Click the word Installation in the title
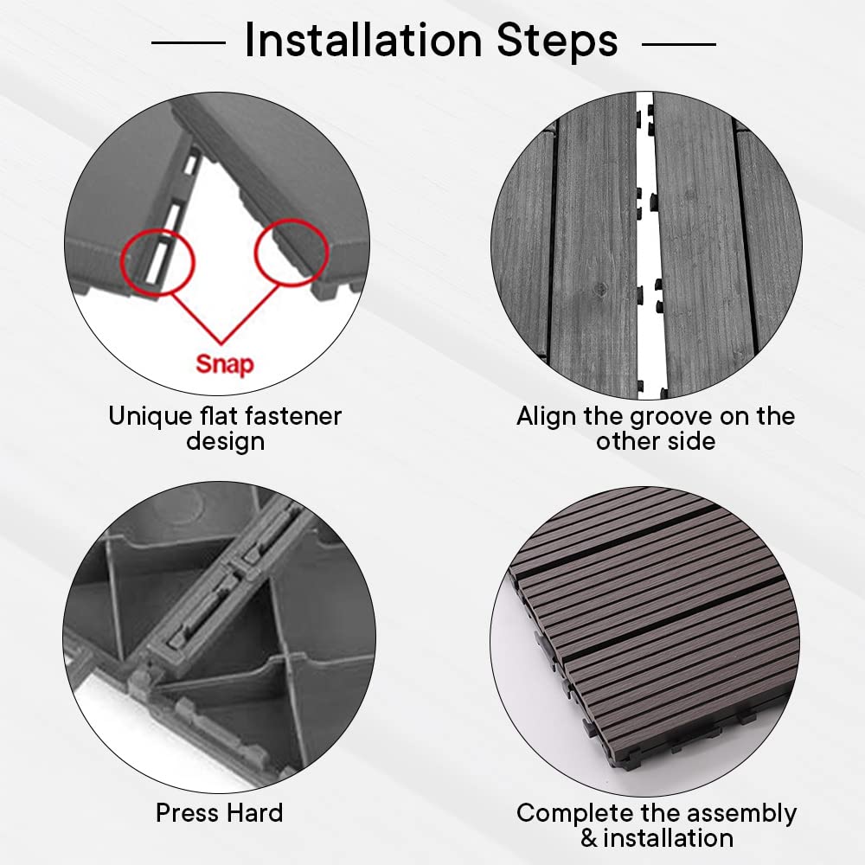tap(363, 40)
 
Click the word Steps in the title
tap(557, 40)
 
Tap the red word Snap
tap(225, 365)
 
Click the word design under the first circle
tap(225, 442)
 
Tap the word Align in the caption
tap(547, 417)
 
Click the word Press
tap(187, 812)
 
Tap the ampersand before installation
tap(589, 838)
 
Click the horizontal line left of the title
tap(188, 42)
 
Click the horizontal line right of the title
tap(679, 43)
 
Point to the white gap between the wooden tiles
tap(646, 243)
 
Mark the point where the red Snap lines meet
tap(221, 343)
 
